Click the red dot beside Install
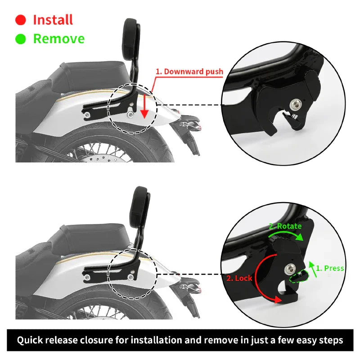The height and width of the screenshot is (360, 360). pos(20,20)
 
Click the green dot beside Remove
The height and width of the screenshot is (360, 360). pos(20,39)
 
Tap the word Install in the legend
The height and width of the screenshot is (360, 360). pos(53,20)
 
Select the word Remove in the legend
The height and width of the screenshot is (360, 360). pos(59,39)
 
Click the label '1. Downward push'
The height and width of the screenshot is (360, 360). pos(189,72)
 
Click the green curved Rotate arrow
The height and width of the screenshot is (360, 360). pos(286,235)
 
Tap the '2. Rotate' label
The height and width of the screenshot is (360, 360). pos(285,226)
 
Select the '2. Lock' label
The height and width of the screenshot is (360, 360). pos(239,278)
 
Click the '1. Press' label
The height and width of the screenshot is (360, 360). pos(330,268)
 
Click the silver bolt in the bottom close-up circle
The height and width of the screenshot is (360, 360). pos(290,269)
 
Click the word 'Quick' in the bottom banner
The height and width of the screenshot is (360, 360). pos(30,340)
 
